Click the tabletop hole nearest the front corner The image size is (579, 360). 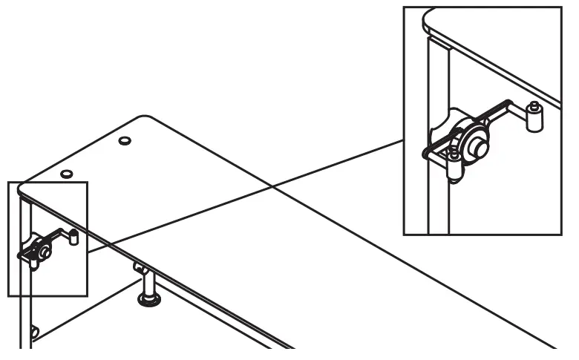click(66, 174)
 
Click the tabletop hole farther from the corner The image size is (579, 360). click(125, 140)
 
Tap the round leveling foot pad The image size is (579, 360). click(149, 300)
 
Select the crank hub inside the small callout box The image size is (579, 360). click(45, 252)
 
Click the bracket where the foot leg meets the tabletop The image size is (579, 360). click(138, 266)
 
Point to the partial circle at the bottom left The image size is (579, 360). click(34, 331)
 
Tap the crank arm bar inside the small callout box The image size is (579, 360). click(53, 238)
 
